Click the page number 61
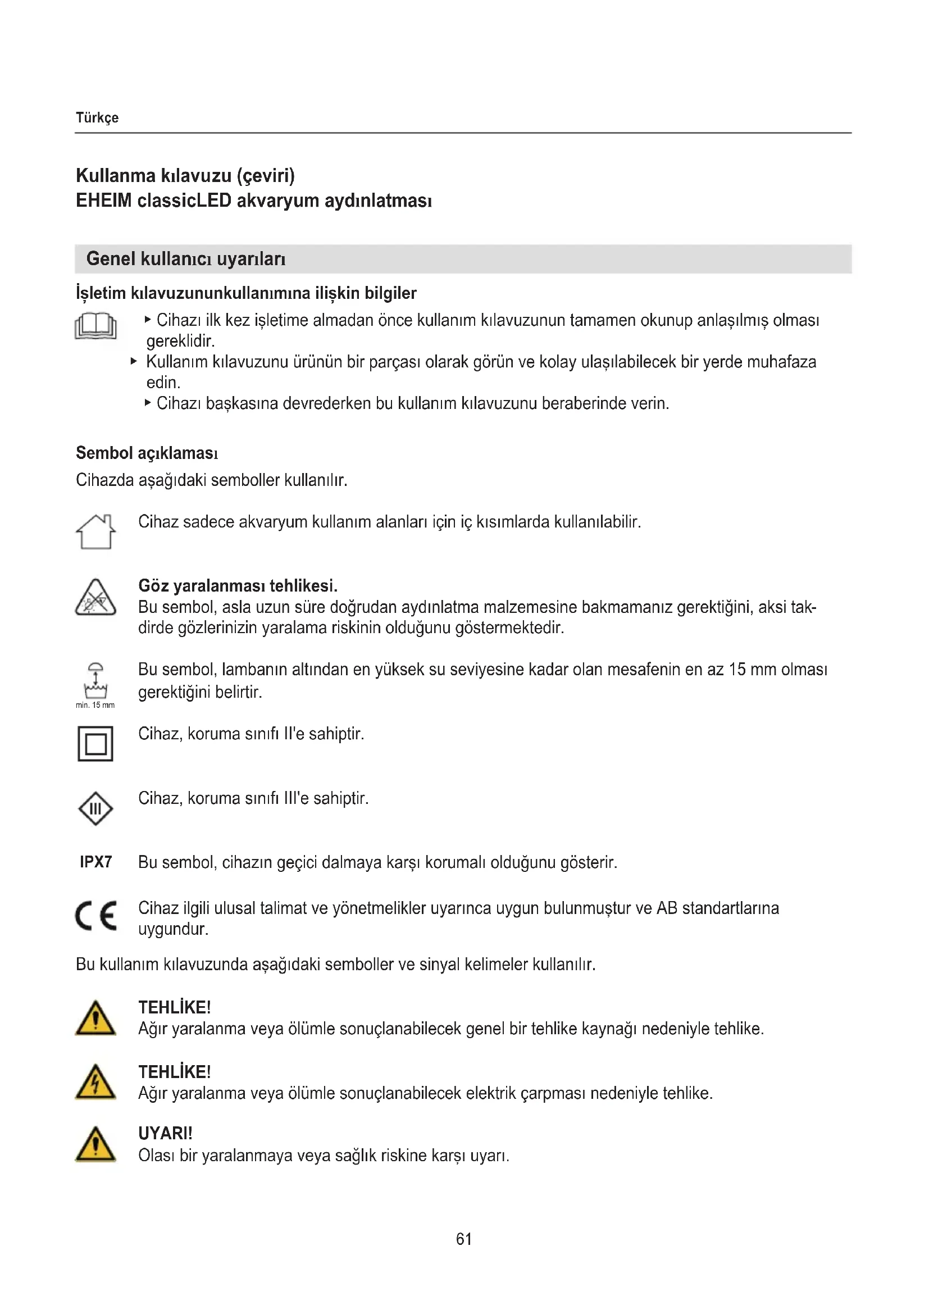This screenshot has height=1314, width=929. point(464,1239)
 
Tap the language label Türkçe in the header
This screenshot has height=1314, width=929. point(97,118)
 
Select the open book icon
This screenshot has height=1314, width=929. point(95,327)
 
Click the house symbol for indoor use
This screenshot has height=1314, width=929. point(95,531)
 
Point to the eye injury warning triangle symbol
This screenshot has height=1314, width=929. point(95,598)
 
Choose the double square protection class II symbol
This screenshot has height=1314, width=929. point(95,743)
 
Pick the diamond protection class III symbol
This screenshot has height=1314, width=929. point(95,808)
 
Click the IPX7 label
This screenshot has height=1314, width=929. point(96,862)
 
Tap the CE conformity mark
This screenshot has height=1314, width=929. point(96,915)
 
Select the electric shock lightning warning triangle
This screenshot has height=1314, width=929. point(95,1082)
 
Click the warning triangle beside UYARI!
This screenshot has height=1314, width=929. point(95,1144)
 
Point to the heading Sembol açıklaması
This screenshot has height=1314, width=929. point(147,453)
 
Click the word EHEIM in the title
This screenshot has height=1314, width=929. point(104,201)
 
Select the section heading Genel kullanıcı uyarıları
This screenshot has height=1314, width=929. point(186,259)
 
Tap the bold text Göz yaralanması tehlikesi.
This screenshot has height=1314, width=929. point(238,586)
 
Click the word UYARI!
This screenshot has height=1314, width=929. point(165,1133)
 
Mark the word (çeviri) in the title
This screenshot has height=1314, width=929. point(266,176)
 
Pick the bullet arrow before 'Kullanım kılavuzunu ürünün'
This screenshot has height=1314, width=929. point(134,361)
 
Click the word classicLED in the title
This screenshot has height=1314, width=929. point(184,201)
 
